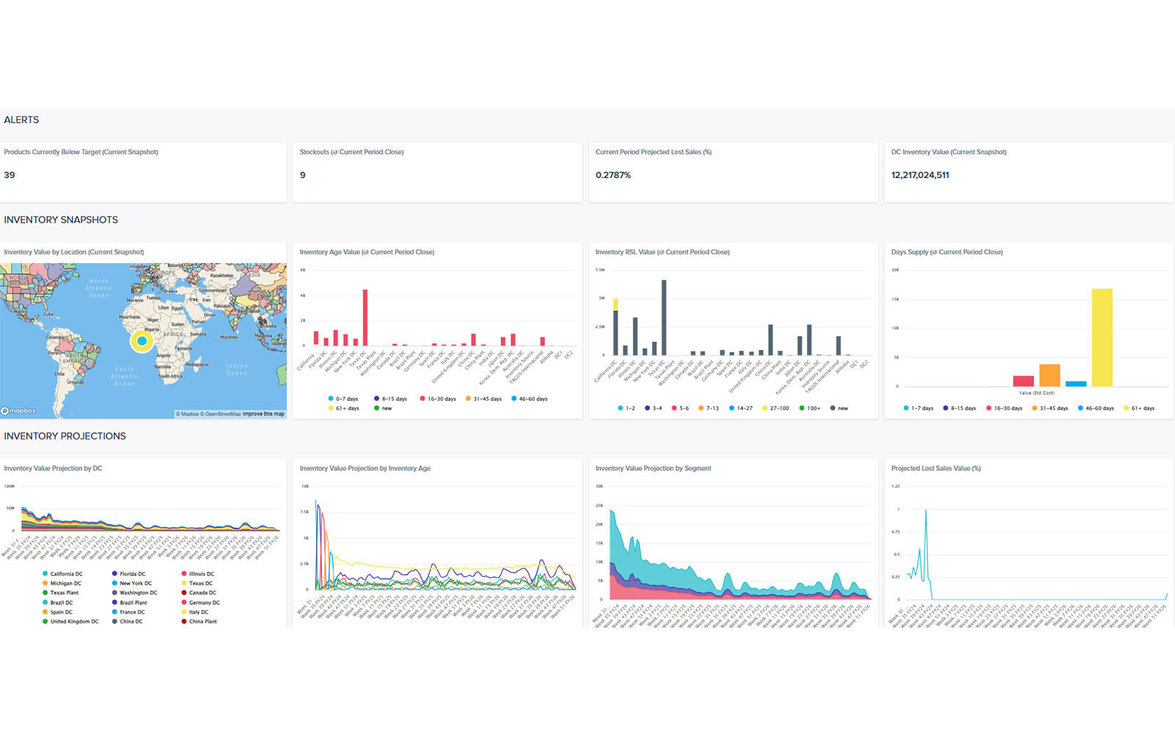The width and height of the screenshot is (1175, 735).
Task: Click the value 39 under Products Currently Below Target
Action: [x=10, y=175]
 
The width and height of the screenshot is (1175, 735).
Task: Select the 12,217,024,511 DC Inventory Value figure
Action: [x=920, y=175]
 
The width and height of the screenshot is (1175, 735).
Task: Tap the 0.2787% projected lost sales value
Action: [x=613, y=175]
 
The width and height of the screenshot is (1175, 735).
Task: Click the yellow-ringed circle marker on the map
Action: [x=142, y=341]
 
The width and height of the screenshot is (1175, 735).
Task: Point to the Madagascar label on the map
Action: [x=197, y=364]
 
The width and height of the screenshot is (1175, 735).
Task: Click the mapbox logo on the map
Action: [x=19, y=411]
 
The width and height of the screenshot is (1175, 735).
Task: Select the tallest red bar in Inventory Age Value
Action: [x=365, y=318]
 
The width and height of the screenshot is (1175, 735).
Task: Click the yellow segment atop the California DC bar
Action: [x=615, y=304]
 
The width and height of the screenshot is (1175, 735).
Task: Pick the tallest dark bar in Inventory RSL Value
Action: [x=664, y=318]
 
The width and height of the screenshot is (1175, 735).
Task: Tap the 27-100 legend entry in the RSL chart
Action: [x=775, y=408]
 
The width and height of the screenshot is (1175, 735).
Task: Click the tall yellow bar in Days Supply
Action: [x=1102, y=337]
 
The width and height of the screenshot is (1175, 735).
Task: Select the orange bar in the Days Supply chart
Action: [x=1049, y=375]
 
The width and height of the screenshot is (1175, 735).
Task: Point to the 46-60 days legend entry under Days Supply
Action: [x=1095, y=408]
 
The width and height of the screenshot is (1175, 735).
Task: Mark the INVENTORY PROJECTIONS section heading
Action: [x=65, y=436]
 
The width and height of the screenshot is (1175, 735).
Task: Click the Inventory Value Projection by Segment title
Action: [x=653, y=468]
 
